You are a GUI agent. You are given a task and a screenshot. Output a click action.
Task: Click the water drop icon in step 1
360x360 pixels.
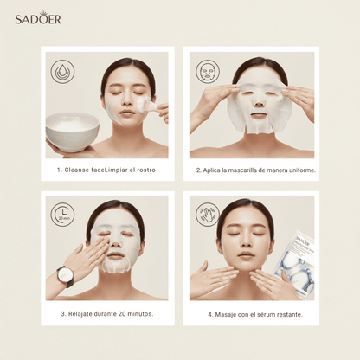coord(63,70)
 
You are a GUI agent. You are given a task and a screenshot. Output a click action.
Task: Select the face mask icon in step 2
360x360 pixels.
coord(209,70)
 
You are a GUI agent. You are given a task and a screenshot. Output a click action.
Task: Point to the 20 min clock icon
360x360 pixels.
coord(63,213)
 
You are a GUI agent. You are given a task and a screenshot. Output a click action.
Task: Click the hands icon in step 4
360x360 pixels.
coord(209,213)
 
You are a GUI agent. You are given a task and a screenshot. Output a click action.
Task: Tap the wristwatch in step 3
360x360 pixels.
coord(65,275)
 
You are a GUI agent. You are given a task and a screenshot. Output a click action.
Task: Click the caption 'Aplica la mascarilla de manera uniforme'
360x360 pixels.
coord(255,170)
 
